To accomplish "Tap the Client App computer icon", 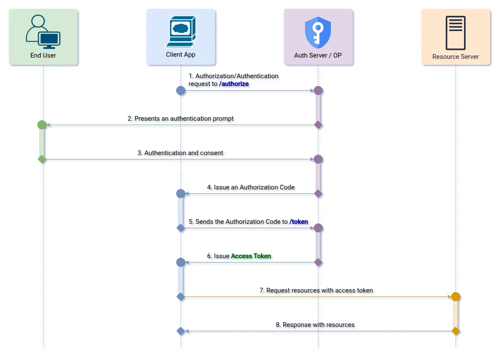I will coord(180,31).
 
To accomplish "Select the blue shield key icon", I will coord(318,33).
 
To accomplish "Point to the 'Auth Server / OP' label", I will coord(318,55).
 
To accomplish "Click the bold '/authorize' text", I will coord(234,84).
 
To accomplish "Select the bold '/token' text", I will coord(299,222).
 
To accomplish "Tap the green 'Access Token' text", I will coord(251,256).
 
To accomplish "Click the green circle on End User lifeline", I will coord(42,125).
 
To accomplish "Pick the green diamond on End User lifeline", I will coord(42,159).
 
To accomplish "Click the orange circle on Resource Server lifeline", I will coord(455,297).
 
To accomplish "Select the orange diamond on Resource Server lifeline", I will coord(455,331).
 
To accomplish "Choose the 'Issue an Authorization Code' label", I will coord(251,187).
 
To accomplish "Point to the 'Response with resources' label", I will coord(315,325).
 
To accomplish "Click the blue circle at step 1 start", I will coord(181,91).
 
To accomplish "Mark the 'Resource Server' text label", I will coord(455,57).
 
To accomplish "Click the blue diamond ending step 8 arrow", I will coord(181,331).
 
